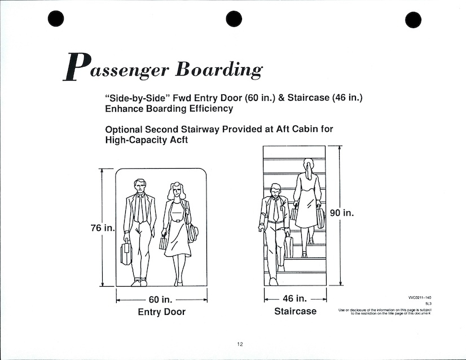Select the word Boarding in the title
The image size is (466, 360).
coord(219,69)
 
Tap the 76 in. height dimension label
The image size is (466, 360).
coord(102,228)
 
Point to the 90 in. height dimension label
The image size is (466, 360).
coord(341,213)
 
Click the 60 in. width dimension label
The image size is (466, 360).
coord(161,300)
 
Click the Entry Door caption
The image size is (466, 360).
coord(161,312)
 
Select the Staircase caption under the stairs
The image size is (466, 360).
coord(295,311)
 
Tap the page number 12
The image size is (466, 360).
coord(240,345)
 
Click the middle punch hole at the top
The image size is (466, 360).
coord(234,19)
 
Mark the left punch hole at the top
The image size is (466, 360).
coord(55,19)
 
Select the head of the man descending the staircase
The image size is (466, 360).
coord(275,192)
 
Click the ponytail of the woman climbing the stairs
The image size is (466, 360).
coord(308,166)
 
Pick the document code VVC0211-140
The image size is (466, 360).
coord(420,297)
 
